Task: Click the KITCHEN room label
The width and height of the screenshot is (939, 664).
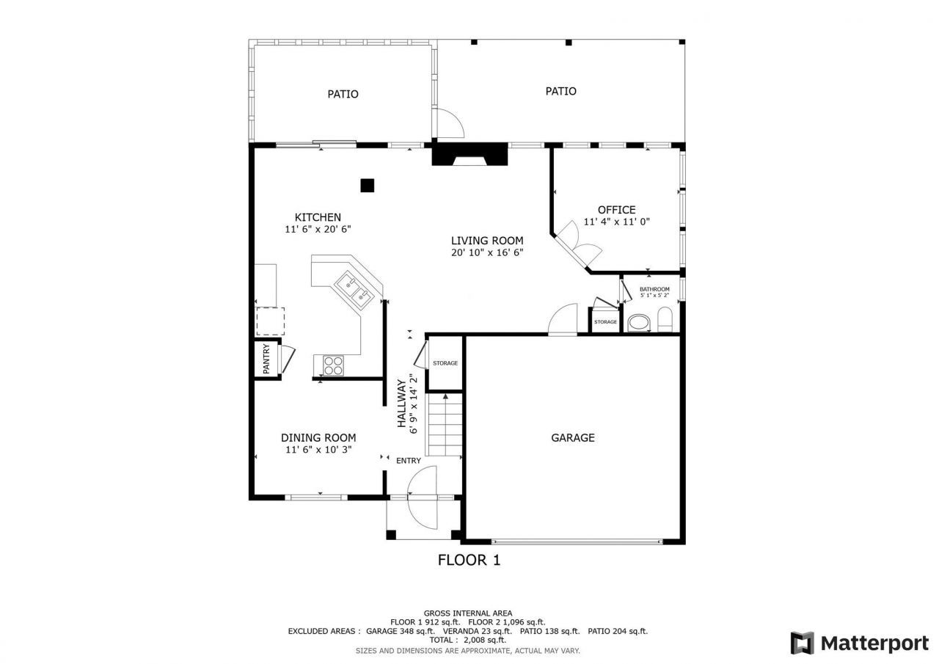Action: coord(318,217)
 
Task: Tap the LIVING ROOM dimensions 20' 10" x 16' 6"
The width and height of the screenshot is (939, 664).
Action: coord(487,252)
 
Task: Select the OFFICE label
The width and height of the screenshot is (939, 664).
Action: coord(616,210)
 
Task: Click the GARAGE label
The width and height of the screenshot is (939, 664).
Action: coord(572,438)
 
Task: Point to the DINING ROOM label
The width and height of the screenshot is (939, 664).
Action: coord(318,438)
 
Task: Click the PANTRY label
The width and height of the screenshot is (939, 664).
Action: coord(266,359)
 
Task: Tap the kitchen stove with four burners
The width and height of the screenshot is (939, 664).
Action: coord(333,365)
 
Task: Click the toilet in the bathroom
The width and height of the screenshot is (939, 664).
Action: coord(665,320)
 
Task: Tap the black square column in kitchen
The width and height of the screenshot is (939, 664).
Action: coord(368,185)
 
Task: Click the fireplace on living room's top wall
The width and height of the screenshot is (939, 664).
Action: coord(469,156)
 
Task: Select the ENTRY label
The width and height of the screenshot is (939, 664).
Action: coord(409,461)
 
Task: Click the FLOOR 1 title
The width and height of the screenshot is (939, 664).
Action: coord(469,561)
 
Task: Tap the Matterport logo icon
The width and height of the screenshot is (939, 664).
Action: coord(802,643)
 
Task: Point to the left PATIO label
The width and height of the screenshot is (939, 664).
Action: coord(343,94)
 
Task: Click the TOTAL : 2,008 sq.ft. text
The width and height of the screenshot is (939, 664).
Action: coord(468,640)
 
